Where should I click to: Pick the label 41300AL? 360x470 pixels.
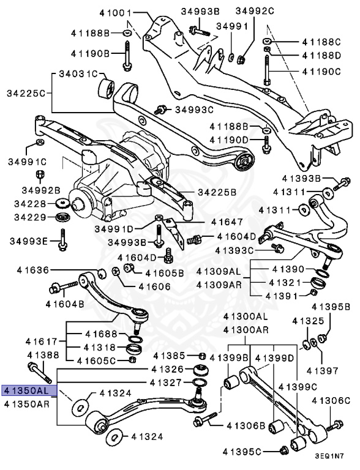click(x=246, y=316)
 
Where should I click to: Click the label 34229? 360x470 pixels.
click(x=30, y=217)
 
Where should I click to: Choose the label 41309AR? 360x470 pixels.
click(x=219, y=284)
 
